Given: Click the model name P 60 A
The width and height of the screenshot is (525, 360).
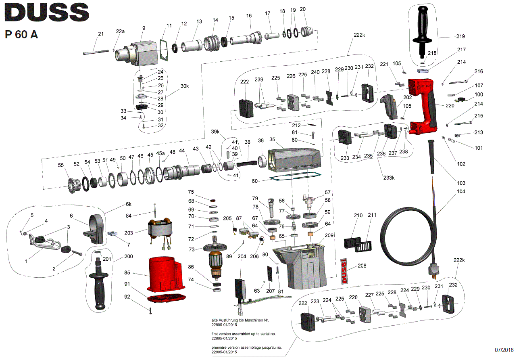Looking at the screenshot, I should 22,35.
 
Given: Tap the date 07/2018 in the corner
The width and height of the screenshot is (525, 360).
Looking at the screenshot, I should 505,350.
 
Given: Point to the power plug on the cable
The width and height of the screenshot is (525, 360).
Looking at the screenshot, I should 435,270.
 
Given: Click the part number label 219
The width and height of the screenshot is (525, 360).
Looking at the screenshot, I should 461,36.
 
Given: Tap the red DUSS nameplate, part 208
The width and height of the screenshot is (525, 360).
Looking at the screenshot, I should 344,272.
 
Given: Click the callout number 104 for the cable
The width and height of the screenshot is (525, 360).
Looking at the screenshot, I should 460,191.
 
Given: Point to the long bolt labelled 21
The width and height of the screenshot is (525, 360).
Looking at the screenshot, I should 97,52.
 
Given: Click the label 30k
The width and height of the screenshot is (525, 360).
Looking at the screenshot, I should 184,86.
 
